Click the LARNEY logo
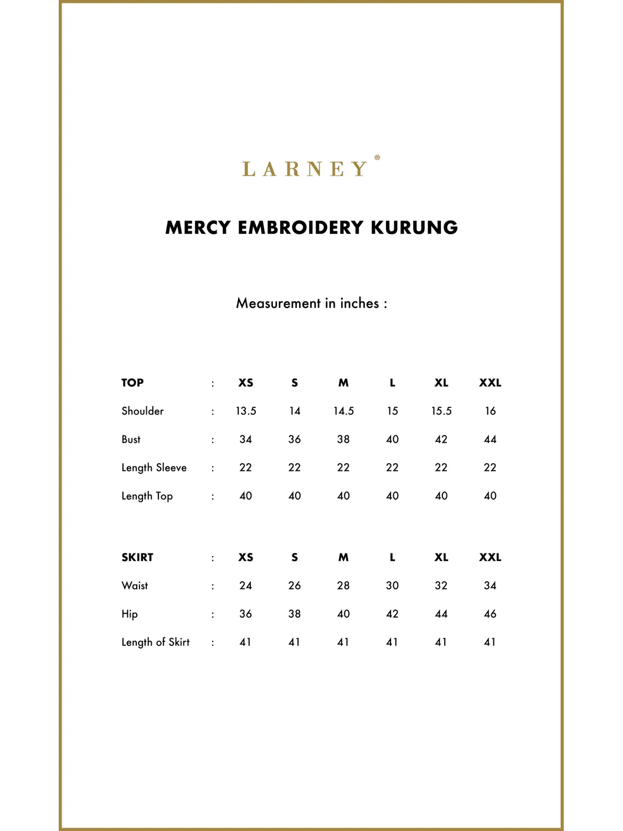305,168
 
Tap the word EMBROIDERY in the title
300,228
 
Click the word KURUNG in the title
414,228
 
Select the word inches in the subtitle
359,303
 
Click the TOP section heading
132,383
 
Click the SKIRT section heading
137,557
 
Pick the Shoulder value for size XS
246,411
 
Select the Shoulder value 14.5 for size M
343,411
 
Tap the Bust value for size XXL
490,439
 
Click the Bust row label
131,439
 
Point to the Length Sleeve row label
154,468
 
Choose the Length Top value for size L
392,496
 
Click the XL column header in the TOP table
441,383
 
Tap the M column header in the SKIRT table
343,557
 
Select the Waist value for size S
295,586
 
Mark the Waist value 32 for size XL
441,586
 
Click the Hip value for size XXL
490,614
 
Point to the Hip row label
130,614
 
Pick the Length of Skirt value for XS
245,642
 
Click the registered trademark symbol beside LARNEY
377,157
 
